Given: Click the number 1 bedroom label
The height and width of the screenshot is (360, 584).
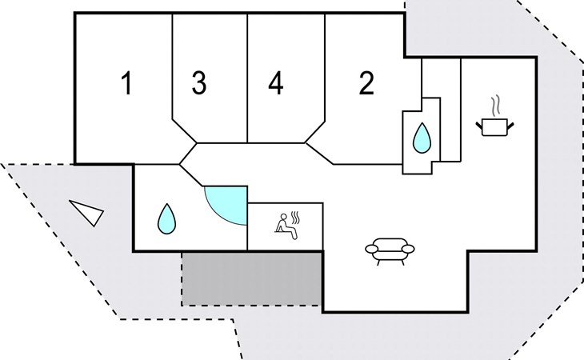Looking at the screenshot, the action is (x=127, y=83).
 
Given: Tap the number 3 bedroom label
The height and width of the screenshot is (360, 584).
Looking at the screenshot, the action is (x=199, y=82).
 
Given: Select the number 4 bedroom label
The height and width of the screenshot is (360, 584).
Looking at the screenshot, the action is (x=276, y=82).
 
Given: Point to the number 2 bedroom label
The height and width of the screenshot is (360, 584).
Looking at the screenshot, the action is (x=366, y=82).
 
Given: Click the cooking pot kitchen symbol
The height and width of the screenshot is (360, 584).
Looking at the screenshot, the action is (x=495, y=126).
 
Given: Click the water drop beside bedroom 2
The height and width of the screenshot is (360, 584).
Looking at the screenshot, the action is (x=422, y=138).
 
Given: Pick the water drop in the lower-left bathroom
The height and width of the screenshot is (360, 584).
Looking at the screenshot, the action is (x=166, y=219).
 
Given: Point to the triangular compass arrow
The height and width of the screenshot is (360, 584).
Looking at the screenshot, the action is (x=88, y=212).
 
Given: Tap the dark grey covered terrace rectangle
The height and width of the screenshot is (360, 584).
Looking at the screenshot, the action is (x=252, y=279).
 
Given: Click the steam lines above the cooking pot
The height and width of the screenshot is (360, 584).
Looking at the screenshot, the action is (x=495, y=106).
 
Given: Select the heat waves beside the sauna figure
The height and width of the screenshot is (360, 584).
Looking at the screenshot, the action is (x=295, y=218).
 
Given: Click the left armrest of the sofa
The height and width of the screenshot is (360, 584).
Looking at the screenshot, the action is (x=372, y=248).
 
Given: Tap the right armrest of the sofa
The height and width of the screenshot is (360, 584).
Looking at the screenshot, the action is (x=408, y=248).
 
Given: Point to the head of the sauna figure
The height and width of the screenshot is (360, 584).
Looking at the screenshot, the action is (x=284, y=217).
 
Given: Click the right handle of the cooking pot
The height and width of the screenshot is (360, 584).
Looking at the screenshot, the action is (x=510, y=126).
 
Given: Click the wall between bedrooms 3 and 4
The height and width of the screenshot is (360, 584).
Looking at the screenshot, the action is (x=248, y=78).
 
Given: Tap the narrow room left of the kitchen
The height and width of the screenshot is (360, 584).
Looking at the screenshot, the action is (x=442, y=110).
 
